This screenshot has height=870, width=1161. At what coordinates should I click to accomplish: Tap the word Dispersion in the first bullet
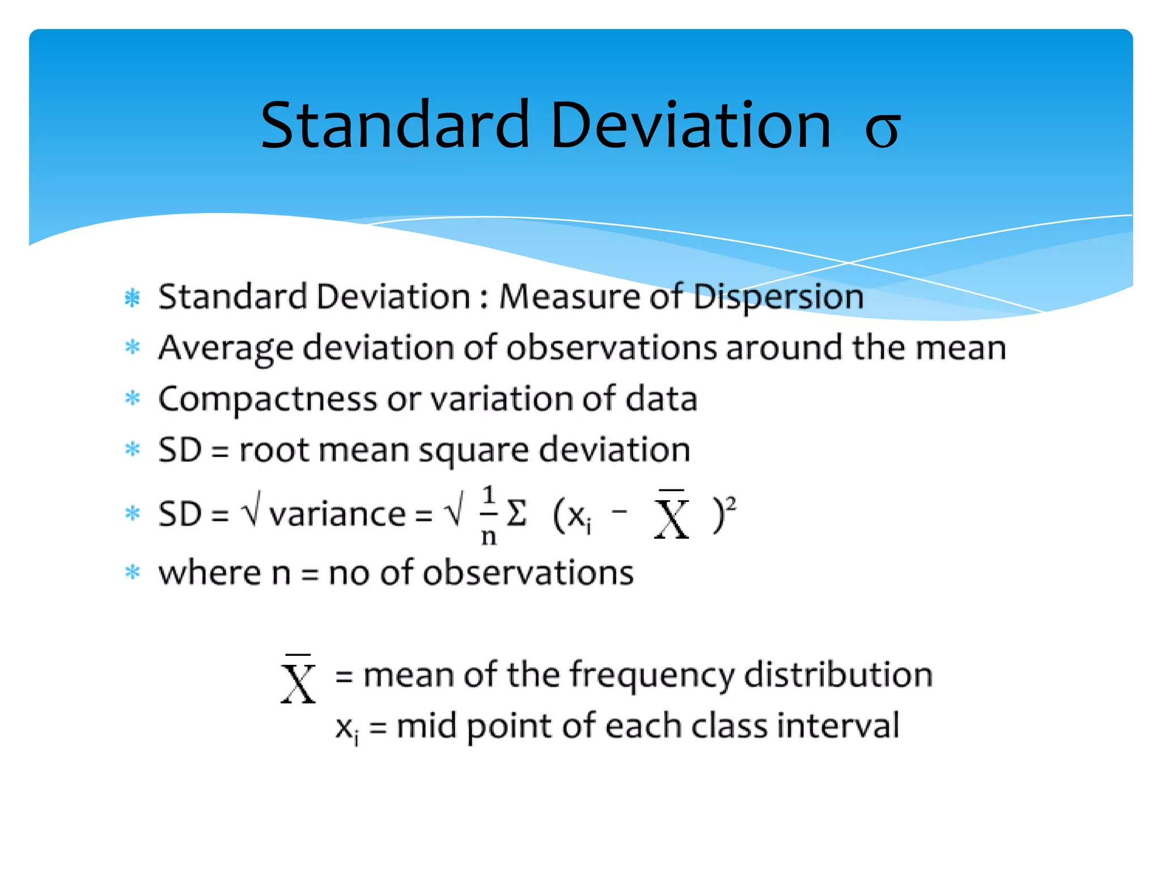(x=778, y=296)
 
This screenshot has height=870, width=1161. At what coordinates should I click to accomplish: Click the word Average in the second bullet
(x=225, y=348)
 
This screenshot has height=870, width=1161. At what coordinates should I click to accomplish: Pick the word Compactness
(x=268, y=399)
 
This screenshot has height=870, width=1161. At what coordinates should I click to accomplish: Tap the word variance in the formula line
(x=337, y=514)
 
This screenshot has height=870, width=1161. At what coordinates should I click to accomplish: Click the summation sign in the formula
(x=516, y=513)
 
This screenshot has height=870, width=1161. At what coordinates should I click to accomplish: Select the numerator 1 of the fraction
(x=489, y=496)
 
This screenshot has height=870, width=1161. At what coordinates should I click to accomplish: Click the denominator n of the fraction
(x=489, y=536)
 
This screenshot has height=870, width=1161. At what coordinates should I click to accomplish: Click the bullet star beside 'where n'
(x=133, y=572)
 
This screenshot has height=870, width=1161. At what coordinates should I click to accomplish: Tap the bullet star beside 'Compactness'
(x=133, y=398)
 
